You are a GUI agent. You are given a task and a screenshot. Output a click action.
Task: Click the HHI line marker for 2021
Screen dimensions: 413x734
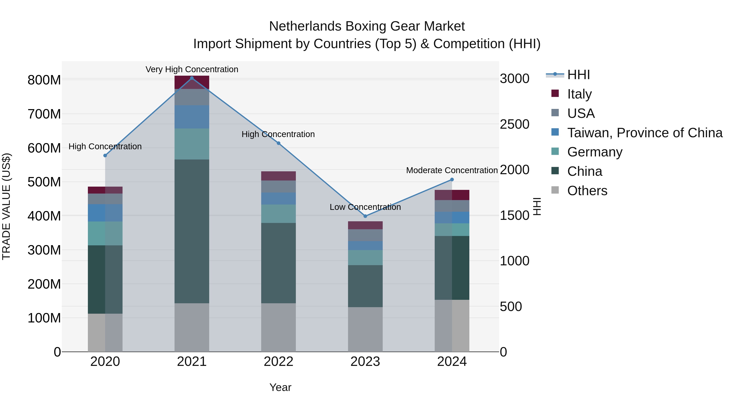pyautogui.click(x=192, y=78)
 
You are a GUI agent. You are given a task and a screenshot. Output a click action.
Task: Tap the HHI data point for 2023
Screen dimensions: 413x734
pyautogui.click(x=365, y=216)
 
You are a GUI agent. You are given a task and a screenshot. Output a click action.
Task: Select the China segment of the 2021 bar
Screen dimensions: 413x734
pyautogui.click(x=192, y=231)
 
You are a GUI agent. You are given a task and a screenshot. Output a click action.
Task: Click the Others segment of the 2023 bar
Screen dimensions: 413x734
pyautogui.click(x=365, y=329)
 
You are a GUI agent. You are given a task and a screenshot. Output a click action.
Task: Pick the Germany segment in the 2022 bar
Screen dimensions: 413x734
pyautogui.click(x=278, y=214)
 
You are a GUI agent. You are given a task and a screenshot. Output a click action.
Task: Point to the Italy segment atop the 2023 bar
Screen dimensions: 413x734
pyautogui.click(x=365, y=225)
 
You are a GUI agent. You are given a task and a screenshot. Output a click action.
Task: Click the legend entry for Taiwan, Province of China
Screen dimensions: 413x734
pyautogui.click(x=644, y=133)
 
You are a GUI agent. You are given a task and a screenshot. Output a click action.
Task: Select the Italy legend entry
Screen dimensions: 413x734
pyautogui.click(x=579, y=94)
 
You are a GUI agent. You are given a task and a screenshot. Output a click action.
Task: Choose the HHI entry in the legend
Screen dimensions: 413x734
pyautogui.click(x=578, y=75)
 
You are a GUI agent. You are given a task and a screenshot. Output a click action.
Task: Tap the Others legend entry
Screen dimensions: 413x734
pyautogui.click(x=587, y=190)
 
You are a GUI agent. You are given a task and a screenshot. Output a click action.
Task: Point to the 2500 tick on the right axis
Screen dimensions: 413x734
pyautogui.click(x=515, y=124)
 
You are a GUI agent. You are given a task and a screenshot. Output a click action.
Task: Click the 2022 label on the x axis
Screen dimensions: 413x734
pyautogui.click(x=278, y=362)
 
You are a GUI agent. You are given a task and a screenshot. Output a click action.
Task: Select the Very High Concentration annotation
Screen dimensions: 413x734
pyautogui.click(x=192, y=69)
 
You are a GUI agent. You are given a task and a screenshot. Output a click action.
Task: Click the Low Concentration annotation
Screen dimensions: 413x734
pyautogui.click(x=365, y=207)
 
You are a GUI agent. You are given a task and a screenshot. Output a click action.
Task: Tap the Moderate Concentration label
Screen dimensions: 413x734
pyautogui.click(x=452, y=170)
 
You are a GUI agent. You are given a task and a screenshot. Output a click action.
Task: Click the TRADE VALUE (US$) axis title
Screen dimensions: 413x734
pyautogui.click(x=6, y=206)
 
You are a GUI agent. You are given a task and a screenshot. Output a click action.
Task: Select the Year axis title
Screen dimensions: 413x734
pyautogui.click(x=280, y=387)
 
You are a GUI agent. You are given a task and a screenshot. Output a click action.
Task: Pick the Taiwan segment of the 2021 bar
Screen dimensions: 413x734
pyautogui.click(x=192, y=117)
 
